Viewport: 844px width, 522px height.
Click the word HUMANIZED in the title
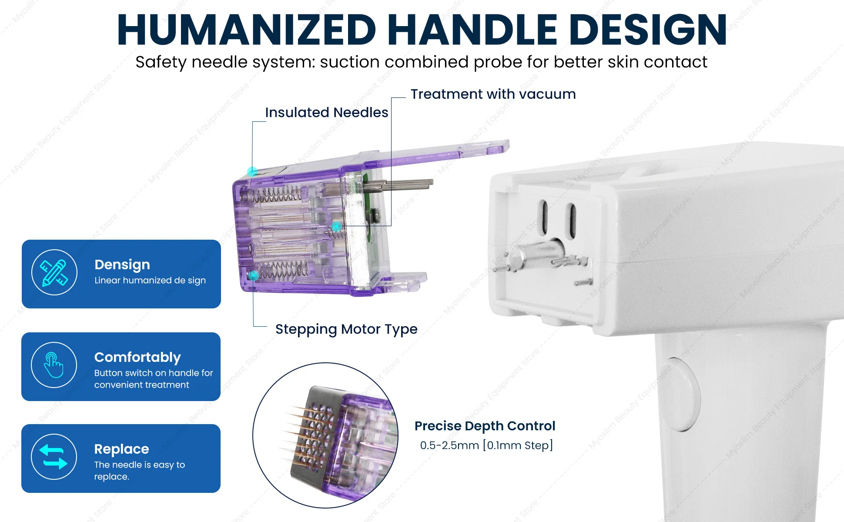tap(247, 29)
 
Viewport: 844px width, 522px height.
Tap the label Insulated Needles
tap(326, 112)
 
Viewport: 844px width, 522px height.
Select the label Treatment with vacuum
tap(493, 94)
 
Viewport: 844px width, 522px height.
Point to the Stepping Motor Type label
tap(346, 329)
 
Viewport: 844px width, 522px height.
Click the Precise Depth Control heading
tap(485, 426)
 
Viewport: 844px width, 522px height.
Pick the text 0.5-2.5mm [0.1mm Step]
tap(486, 445)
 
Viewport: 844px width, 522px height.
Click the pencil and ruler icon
tap(54, 272)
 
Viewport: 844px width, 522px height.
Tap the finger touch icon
tap(54, 365)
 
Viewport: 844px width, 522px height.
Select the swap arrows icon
tap(54, 457)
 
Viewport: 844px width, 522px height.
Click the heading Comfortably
tap(137, 357)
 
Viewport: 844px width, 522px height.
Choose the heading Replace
tap(122, 449)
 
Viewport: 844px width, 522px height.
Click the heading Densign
tap(122, 265)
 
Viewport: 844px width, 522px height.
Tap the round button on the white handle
tap(683, 394)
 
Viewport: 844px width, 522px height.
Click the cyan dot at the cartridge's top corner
tap(252, 171)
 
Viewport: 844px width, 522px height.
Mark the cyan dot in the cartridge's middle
tap(336, 227)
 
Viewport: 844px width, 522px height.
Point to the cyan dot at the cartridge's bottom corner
tap(253, 275)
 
